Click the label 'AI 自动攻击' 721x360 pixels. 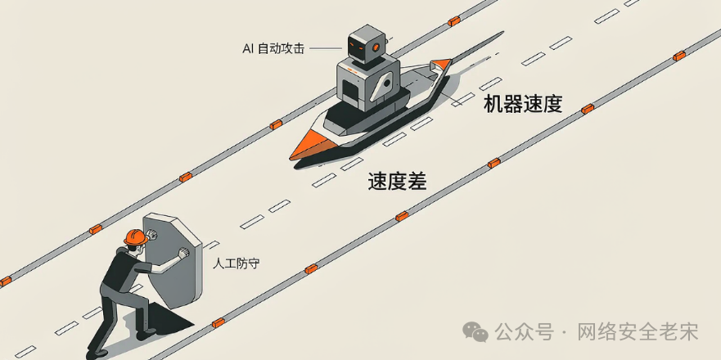(x=273, y=49)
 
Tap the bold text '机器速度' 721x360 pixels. (x=523, y=105)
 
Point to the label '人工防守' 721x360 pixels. (x=232, y=264)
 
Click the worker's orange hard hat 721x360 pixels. (x=136, y=236)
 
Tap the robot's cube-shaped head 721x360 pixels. (x=366, y=44)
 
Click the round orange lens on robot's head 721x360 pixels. (x=376, y=47)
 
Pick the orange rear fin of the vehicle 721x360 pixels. (x=440, y=64)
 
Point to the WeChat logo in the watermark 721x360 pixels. (x=475, y=331)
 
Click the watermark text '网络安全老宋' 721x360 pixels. (x=638, y=331)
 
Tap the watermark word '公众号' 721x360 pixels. (x=524, y=331)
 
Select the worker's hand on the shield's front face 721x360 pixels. (x=183, y=253)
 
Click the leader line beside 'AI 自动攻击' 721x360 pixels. (x=326, y=48)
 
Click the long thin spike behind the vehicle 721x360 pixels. (x=478, y=45)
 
